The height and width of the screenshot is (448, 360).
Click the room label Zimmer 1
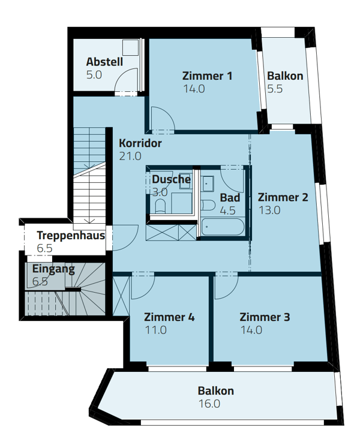(207, 76)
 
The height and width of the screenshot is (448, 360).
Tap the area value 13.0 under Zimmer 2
(269, 211)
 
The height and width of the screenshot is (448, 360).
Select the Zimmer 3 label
(265, 317)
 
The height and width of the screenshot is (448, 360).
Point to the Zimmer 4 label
(170, 317)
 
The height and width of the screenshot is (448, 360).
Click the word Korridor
(140, 144)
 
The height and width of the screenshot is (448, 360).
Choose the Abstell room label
(104, 62)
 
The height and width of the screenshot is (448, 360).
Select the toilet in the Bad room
(208, 205)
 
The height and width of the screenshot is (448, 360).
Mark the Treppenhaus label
(71, 236)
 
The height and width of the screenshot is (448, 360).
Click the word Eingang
(53, 269)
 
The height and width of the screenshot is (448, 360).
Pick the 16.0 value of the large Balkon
(209, 404)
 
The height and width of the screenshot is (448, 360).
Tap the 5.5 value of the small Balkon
(274, 88)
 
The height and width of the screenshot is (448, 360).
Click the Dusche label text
(171, 179)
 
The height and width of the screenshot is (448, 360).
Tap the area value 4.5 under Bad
(227, 211)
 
